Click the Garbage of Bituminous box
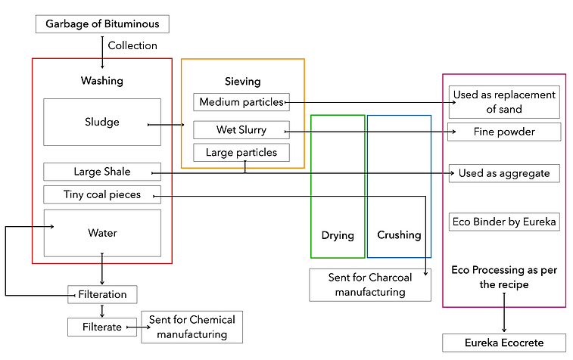102,23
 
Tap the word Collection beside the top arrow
132,45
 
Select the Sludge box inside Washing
102,122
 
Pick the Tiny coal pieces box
102,194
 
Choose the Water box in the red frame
102,233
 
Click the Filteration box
102,293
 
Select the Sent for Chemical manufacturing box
192,327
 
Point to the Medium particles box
240,102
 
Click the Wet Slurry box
241,130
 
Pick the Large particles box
241,153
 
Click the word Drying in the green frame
338,235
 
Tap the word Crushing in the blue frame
399,235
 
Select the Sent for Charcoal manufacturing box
370,285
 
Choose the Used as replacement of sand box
504,102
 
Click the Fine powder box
504,132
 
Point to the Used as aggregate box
504,173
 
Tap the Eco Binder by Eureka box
504,222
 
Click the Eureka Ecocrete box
504,343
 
